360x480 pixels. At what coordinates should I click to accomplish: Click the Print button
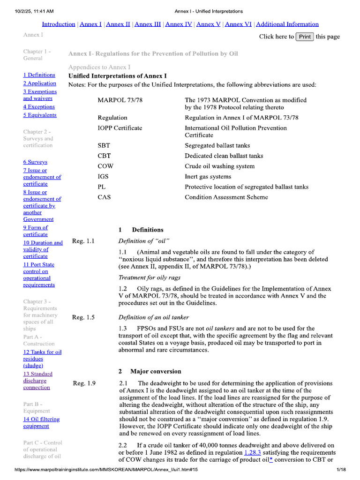[305, 37]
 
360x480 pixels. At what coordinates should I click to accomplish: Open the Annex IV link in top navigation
[179, 24]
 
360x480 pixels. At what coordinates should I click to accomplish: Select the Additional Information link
[287, 24]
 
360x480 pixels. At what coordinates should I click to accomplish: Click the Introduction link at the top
[59, 24]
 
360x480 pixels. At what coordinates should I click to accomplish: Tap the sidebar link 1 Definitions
[39, 75]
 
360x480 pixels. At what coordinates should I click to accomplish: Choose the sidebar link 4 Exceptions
[39, 107]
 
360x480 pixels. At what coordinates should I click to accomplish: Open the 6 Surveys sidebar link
[36, 162]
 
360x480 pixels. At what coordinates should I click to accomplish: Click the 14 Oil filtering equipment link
[36, 423]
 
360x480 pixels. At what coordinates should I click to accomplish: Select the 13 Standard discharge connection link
[37, 381]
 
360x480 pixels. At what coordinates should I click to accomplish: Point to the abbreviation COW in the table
[105, 166]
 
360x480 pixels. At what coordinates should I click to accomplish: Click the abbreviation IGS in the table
[105, 177]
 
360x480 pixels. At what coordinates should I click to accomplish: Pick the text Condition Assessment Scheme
[226, 197]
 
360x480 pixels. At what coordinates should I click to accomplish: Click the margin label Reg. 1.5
[83, 317]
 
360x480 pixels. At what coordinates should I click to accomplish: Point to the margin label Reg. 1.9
[84, 383]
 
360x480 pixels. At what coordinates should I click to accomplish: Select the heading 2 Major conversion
[150, 371]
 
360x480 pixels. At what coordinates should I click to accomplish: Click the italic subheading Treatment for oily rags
[150, 277]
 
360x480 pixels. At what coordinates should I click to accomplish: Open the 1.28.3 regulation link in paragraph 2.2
[253, 453]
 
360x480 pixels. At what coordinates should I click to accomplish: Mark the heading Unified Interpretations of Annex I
[117, 76]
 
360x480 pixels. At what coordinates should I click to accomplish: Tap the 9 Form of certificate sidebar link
[36, 231]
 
